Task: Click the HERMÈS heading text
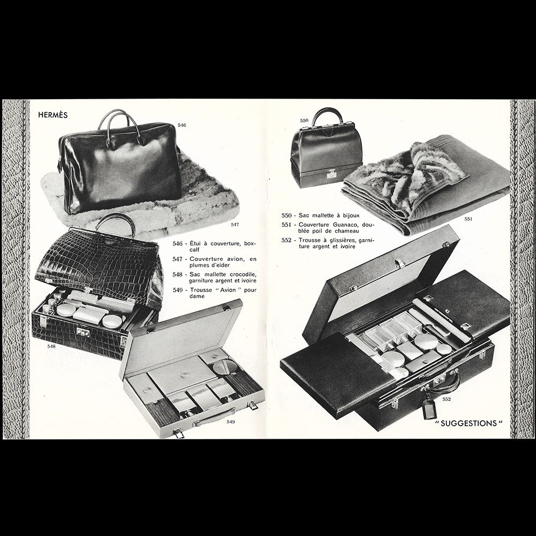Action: [x=53, y=114]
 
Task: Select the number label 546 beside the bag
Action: [x=182, y=125]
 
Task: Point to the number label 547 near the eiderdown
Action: [x=235, y=224]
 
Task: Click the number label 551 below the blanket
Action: [x=468, y=219]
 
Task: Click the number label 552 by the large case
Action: [x=446, y=399]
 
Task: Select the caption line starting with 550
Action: [x=322, y=215]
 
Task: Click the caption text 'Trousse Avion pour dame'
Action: [x=214, y=294]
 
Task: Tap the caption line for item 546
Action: [x=214, y=247]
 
